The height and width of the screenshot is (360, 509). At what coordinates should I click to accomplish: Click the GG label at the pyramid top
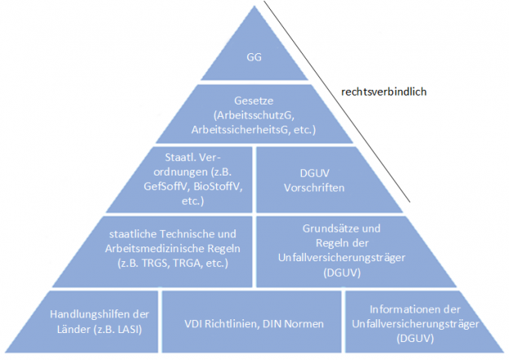point(253,57)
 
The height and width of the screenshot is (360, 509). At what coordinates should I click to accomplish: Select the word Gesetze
point(253,100)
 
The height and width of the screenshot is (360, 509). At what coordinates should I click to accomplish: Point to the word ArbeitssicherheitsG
point(234,130)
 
